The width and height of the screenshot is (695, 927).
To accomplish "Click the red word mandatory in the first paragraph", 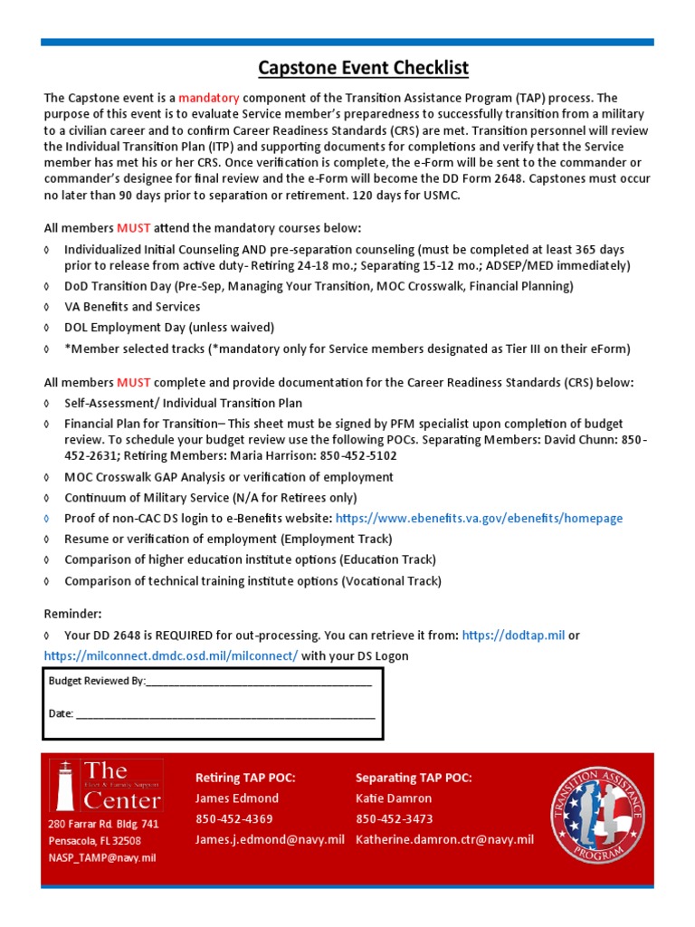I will pyautogui.click(x=206, y=98).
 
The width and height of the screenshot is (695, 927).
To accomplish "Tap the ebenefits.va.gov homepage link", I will pyautogui.click(x=479, y=519).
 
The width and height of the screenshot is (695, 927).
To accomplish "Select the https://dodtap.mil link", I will pyautogui.click(x=513, y=636).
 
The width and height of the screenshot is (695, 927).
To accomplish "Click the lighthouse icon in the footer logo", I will pyautogui.click(x=64, y=786).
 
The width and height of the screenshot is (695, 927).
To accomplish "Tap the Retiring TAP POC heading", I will pyautogui.click(x=245, y=779).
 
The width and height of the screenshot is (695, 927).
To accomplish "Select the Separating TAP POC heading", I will pyautogui.click(x=414, y=779).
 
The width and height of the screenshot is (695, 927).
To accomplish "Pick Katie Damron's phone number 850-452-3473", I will pyautogui.click(x=394, y=819).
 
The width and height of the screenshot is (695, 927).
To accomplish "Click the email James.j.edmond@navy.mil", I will pyautogui.click(x=270, y=840).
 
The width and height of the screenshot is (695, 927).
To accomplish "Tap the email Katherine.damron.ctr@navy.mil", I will pyautogui.click(x=444, y=840).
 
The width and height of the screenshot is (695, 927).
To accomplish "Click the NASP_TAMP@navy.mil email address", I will pyautogui.click(x=102, y=857).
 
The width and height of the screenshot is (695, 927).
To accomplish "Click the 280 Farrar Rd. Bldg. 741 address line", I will pyautogui.click(x=103, y=825).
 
